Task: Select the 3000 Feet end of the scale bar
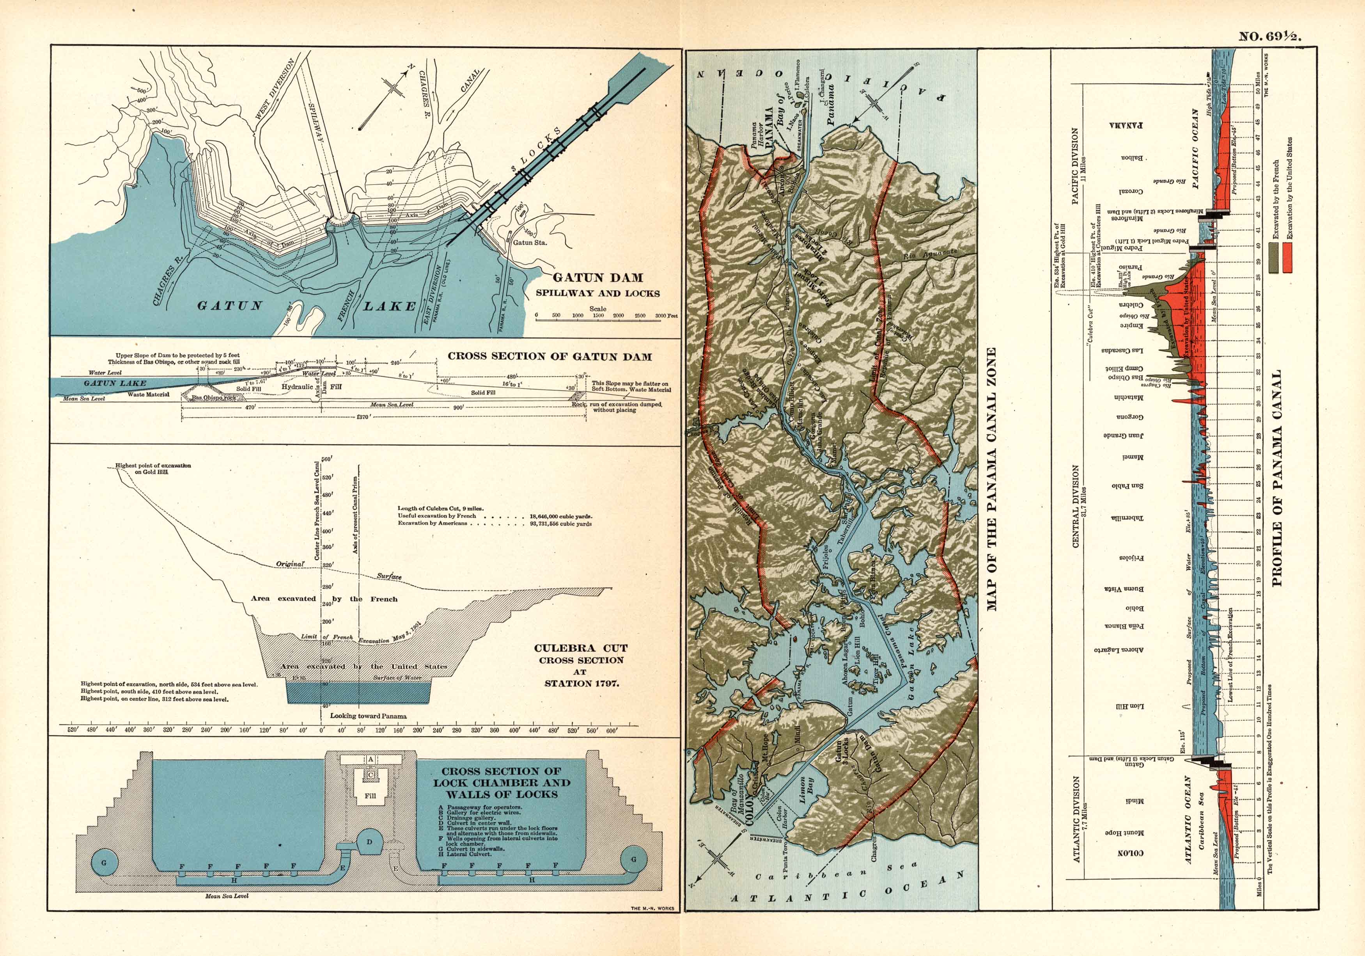coord(664,316)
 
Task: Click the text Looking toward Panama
coord(368,716)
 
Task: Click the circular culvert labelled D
coord(370,842)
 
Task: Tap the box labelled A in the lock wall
coord(370,760)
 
